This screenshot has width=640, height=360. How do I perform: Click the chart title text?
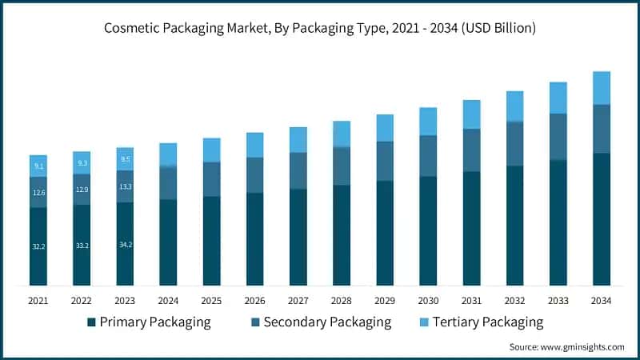coord(320,28)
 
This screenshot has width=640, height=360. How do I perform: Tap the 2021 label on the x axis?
coord(38,300)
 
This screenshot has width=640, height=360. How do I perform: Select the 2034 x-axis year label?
coord(601,300)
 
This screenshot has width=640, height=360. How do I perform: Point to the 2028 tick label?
coord(342,300)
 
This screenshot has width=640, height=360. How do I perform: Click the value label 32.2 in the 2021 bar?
coord(38,247)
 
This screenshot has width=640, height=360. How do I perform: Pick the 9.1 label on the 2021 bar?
coord(38,166)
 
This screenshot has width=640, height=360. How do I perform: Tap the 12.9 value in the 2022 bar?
coord(82,190)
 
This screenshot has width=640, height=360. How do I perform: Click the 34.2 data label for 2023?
coord(125,244)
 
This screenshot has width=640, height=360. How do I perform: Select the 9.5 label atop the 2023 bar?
coord(125,159)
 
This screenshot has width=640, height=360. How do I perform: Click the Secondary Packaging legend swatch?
coord(254,322)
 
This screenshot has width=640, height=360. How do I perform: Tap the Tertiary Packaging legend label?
coord(487,322)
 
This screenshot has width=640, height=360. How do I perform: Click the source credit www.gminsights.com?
coord(566,346)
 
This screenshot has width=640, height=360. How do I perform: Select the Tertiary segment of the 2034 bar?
coord(601,88)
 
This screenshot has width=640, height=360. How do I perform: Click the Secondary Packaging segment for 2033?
coord(558,137)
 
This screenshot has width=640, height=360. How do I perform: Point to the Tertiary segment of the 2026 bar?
coord(254,145)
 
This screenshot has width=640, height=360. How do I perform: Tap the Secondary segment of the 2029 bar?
coord(385,161)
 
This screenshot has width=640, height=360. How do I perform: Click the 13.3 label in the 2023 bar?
coord(125,186)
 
